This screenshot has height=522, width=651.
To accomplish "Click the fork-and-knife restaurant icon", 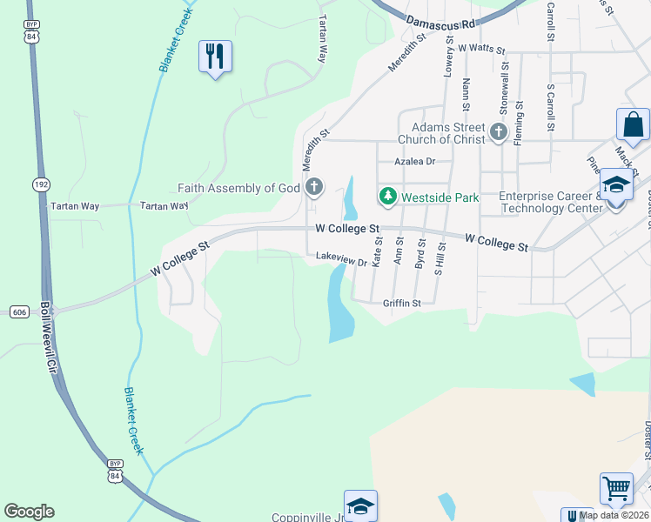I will point(215,57).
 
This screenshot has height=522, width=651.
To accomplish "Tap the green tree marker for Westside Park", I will point(388,197).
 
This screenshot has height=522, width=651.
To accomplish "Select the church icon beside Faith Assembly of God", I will point(314,187).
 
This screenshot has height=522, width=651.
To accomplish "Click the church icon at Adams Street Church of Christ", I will point(498,132).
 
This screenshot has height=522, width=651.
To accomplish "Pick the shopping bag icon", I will point(633,124).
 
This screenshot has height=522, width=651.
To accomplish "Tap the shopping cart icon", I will point(616,490).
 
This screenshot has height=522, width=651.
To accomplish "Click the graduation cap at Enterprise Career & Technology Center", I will point(615,186).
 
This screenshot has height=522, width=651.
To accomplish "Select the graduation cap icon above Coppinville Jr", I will point(360,506).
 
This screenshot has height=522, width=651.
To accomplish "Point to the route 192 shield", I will point(41,184).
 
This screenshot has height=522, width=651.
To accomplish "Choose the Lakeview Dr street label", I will point(340,257).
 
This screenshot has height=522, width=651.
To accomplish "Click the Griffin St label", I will point(402,304).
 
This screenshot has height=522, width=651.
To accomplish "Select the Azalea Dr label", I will point(414,162).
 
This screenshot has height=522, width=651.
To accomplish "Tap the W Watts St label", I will point(481,50).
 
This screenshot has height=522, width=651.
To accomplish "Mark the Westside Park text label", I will point(440,197).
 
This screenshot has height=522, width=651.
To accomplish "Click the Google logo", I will point(29,512).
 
